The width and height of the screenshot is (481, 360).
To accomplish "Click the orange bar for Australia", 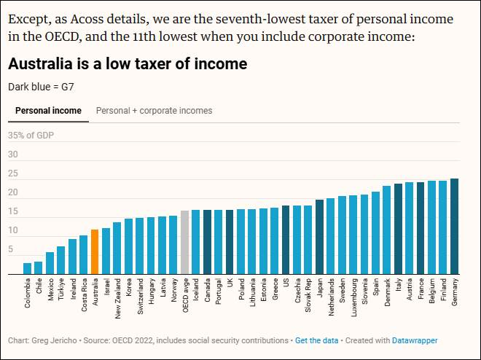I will (x=95, y=252).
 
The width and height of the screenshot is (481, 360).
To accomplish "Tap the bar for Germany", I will (x=455, y=227).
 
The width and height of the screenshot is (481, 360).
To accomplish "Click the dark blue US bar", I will (x=286, y=240).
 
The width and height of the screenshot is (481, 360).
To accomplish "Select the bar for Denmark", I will (x=387, y=230).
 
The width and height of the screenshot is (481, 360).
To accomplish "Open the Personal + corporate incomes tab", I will (x=155, y=111).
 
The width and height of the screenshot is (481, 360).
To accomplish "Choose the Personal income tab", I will (x=48, y=111).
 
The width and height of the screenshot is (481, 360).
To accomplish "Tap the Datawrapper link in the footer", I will (x=415, y=340).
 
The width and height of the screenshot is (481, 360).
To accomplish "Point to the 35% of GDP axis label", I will (x=31, y=136).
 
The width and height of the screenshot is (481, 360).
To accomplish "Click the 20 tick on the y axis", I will (x=12, y=192).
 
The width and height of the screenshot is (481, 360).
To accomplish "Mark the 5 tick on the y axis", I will (x=10, y=249).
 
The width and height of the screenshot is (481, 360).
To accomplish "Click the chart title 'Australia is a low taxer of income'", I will (x=128, y=64).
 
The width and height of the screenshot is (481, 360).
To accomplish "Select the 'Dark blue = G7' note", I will (x=41, y=87).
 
